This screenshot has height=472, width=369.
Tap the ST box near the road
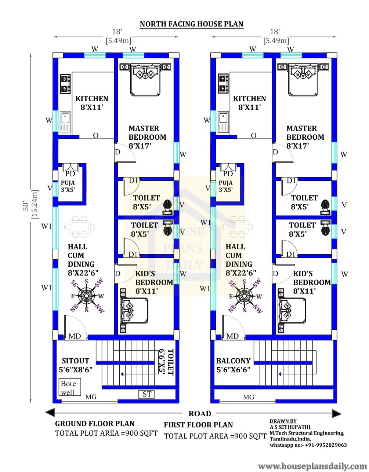coord(146,394)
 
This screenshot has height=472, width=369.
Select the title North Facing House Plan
coord(191,24)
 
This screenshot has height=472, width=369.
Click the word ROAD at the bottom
coord(200,414)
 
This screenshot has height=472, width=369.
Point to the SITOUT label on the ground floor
coord(76,361)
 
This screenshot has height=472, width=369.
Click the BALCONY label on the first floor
coord(233,361)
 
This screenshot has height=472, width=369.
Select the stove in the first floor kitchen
coord(223,84)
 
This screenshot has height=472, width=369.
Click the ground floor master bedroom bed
coord(145,80)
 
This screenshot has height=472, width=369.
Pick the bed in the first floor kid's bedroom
coord(292,311)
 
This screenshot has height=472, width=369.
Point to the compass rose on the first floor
coord(245,296)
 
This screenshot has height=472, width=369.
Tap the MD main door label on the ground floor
coord(75,336)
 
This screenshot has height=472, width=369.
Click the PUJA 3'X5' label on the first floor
coord(226,186)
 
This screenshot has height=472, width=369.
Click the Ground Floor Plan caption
coord(95,423)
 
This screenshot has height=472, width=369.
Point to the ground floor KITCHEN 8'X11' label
coord(91,103)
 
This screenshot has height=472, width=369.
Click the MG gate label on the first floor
coord(249,397)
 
